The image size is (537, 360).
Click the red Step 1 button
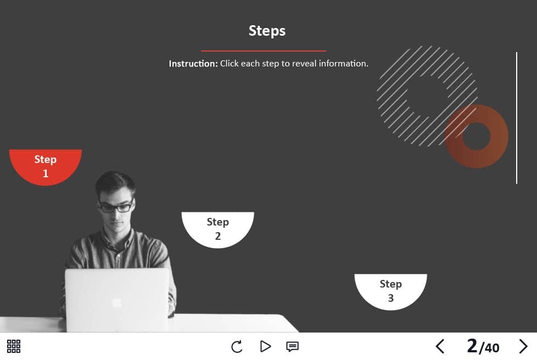tap(45, 166)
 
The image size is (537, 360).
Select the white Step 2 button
tap(218, 229)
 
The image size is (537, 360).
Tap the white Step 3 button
tap(391, 291)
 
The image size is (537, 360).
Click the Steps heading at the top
tap(267, 31)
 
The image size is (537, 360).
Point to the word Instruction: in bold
tap(193, 64)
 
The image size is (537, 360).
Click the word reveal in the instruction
tap(304, 64)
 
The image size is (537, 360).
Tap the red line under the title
tap(264, 51)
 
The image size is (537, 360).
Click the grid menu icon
tap(14, 346)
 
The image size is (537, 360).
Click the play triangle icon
tap(265, 346)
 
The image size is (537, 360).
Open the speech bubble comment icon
tap(292, 347)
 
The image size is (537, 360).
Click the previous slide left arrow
tap(440, 346)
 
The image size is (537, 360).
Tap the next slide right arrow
tap(523, 346)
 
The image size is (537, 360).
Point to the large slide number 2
tap(472, 346)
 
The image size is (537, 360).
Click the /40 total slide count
tap(489, 348)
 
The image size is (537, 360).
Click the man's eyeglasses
tap(116, 207)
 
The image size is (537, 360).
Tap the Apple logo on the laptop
tap(116, 302)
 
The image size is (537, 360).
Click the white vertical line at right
tap(517, 118)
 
